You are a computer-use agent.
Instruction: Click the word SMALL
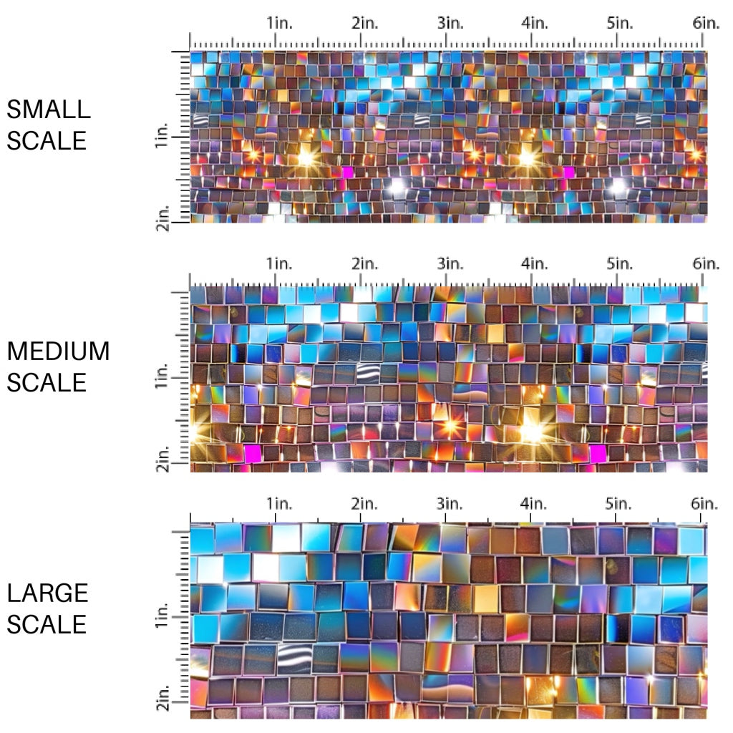click(49, 110)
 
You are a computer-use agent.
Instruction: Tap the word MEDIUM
click(58, 351)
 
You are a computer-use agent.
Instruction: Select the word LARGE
click(48, 593)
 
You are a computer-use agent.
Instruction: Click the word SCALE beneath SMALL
click(47, 140)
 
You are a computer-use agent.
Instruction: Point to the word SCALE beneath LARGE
click(47, 624)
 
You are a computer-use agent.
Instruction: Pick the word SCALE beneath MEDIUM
click(47, 382)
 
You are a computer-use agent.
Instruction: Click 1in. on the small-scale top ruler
click(280, 23)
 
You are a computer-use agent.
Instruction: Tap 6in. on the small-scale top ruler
click(706, 23)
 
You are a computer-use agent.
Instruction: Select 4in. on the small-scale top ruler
click(535, 23)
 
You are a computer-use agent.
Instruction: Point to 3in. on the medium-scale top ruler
click(450, 263)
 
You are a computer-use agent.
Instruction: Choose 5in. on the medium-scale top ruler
click(620, 263)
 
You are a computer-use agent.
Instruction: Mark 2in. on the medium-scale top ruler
click(364, 263)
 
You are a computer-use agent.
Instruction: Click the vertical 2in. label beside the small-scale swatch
click(161, 218)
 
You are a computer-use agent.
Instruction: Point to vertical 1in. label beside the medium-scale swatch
click(161, 377)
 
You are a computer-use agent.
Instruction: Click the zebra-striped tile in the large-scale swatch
click(290, 656)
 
